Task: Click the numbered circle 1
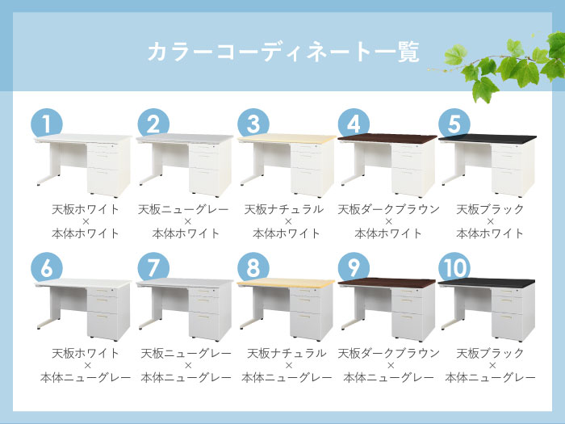(47, 124)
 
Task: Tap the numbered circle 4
(354, 124)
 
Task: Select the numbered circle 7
(153, 268)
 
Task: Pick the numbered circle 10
(454, 268)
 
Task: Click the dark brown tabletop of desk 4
(387, 138)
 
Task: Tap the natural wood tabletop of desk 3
(287, 138)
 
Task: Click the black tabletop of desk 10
(487, 283)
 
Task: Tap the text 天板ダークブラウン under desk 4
(388, 209)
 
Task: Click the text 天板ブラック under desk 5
(490, 209)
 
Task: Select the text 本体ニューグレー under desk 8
(287, 377)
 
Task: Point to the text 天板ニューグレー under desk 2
(183, 209)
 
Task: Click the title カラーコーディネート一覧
(283, 52)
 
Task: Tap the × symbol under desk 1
(86, 221)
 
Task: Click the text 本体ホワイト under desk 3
(287, 233)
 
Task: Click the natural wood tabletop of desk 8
(286, 283)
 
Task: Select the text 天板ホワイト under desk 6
(86, 354)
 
